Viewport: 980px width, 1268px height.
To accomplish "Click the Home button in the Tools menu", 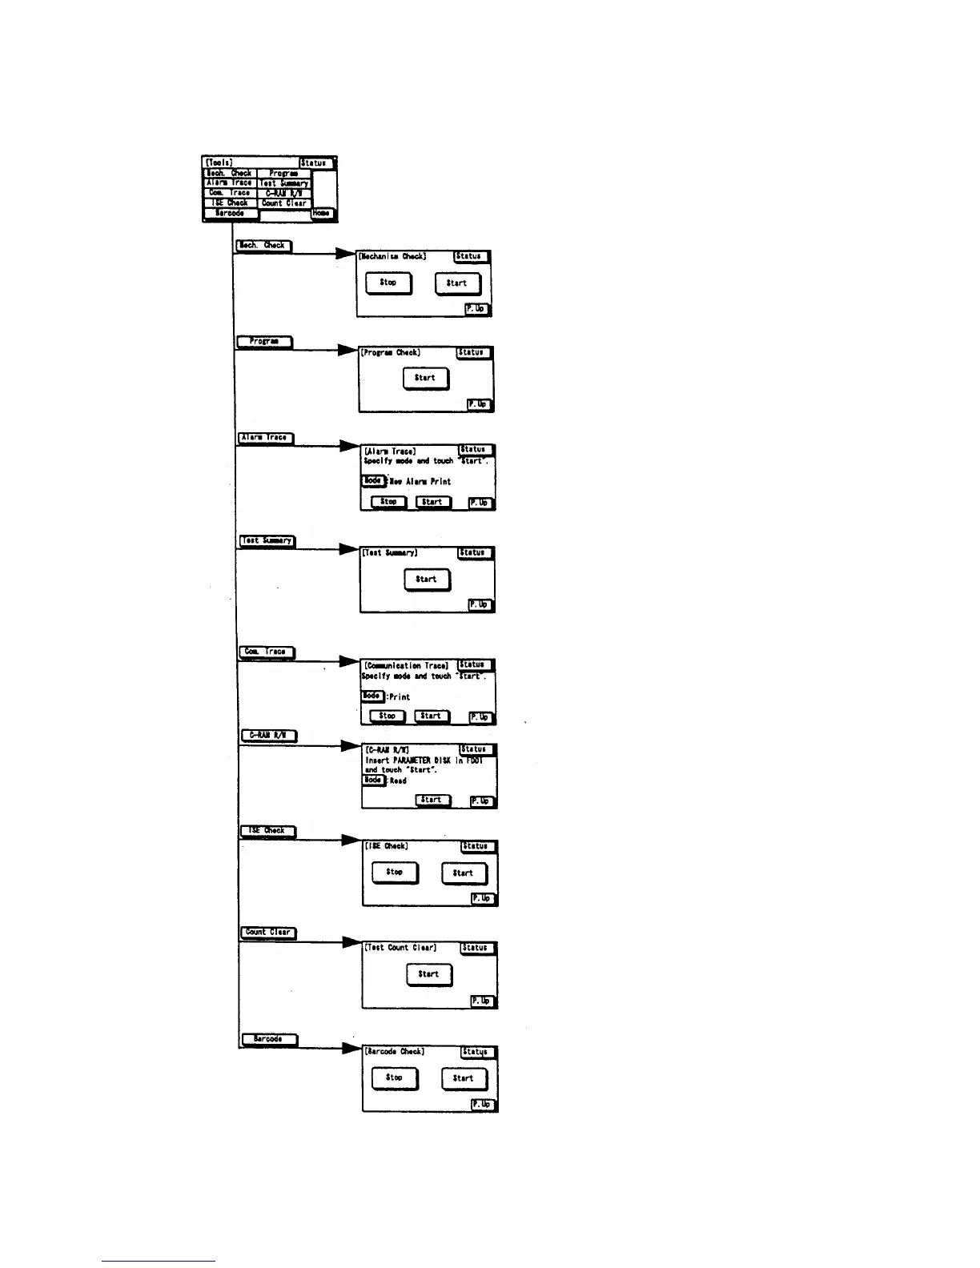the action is coord(321,213).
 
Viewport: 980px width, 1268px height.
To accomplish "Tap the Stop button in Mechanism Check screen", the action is coord(388,283).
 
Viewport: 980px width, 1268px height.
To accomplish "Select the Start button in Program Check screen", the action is coord(425,378).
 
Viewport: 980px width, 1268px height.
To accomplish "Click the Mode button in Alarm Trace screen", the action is coord(372,481).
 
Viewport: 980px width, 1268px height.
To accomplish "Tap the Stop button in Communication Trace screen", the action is coord(388,716).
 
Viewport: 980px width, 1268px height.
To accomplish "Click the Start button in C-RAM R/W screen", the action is coord(432,800).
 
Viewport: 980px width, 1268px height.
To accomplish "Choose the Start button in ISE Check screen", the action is coord(464,873).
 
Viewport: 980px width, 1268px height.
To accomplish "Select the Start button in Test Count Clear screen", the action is coord(428,974).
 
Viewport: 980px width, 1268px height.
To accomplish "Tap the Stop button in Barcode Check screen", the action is coord(394,1077).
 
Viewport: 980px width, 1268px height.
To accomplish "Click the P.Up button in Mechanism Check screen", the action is coord(476,308).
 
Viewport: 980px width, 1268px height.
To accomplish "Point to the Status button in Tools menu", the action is coord(314,163).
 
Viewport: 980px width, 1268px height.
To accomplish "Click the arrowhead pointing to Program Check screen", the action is coord(347,350).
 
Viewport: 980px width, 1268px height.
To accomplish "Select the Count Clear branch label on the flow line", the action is coord(269,933).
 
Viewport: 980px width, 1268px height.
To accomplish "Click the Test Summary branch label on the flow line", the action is coord(267,541).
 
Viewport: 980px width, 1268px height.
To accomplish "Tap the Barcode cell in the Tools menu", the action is coord(230,214).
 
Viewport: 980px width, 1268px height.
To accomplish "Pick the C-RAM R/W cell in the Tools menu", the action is coord(283,193).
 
